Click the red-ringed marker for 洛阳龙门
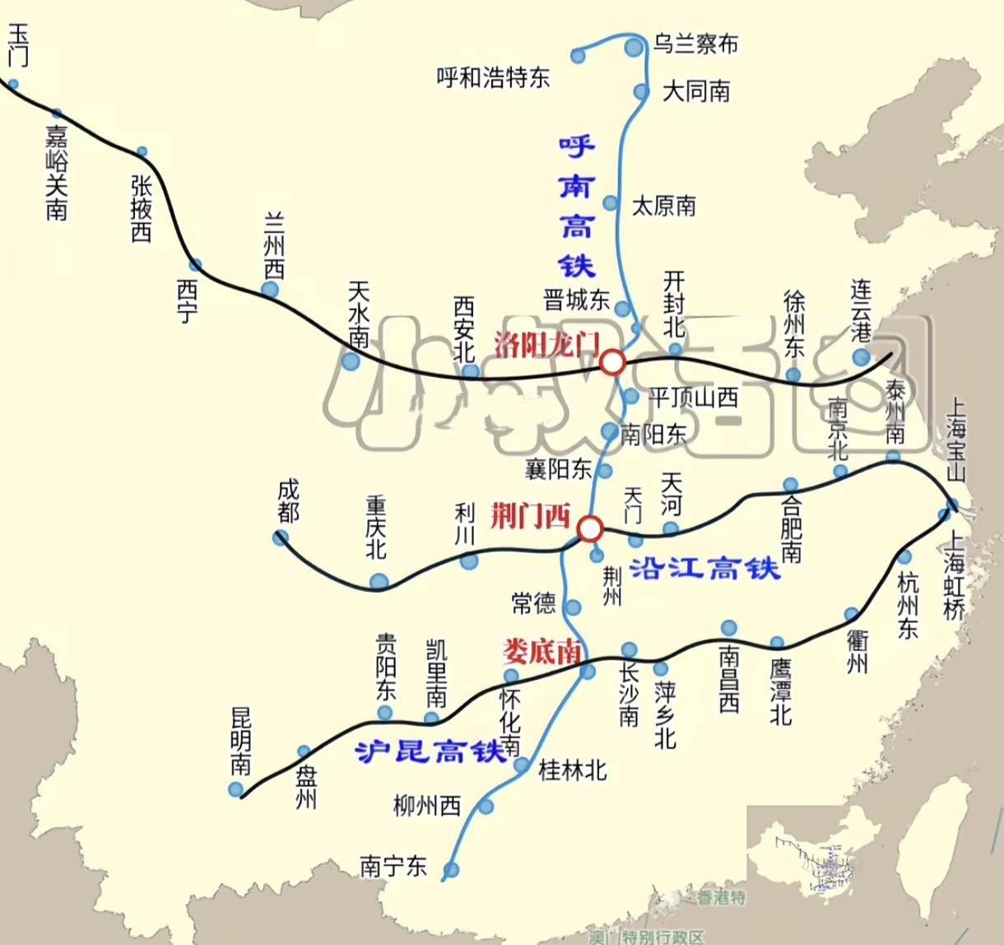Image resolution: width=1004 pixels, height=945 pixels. coord(611,362)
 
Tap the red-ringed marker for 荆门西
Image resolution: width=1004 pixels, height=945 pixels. coord(590,528)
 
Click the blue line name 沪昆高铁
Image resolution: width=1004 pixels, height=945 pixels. coord(430,751)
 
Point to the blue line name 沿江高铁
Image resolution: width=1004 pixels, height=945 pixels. coord(704,568)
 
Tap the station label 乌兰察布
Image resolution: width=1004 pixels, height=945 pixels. coord(695,44)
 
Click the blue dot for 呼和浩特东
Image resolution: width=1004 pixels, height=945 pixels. coord(579,56)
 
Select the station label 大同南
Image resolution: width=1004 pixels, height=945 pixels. coord(696,91)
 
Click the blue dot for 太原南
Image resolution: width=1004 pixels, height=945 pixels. coord(611,202)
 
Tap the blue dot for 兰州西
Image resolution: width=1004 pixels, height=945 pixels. coord(270,290)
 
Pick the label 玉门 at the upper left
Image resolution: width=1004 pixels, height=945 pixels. coord(18,44)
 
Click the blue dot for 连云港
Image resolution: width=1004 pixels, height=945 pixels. coord(861,356)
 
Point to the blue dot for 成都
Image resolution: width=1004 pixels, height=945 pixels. coord(280,538)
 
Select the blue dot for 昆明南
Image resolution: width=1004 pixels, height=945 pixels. coord(236,789)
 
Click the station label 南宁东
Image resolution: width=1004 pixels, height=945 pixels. coord(393,866)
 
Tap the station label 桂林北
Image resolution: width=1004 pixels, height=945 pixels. coord(572,770)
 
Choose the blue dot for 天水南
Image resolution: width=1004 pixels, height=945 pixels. coord(351,361)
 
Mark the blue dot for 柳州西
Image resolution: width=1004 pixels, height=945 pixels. coord(486,806)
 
